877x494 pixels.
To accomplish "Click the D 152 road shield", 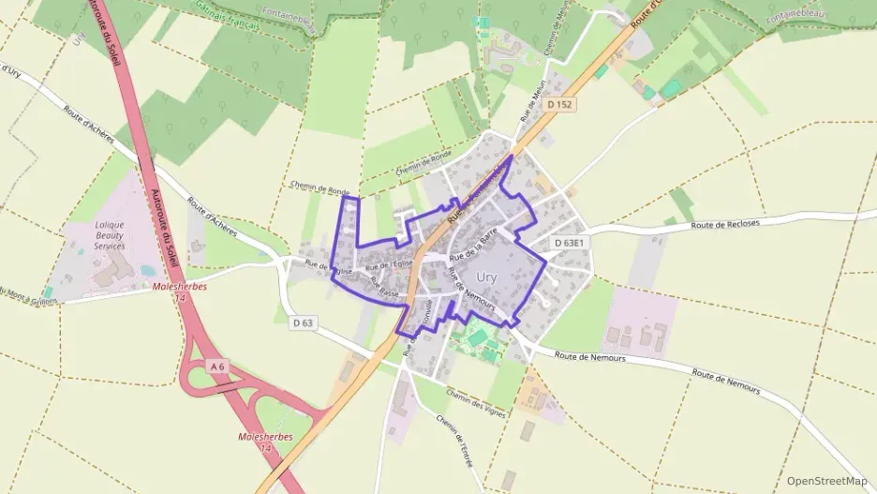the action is [x=560, y=104].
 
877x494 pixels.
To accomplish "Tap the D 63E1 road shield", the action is [x=568, y=243].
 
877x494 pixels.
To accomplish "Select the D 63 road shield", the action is [x=302, y=323].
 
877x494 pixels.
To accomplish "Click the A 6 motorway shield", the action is [x=217, y=367].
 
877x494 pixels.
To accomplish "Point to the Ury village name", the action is [x=487, y=277].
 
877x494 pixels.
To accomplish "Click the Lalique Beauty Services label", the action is [x=110, y=235].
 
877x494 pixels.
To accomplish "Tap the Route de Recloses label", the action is [x=724, y=225].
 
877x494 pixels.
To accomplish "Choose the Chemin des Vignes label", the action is [x=477, y=403].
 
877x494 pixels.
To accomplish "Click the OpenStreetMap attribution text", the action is [x=827, y=481].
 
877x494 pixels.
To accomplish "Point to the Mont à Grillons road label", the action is [x=28, y=296].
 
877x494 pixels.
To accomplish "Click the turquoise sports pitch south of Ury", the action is [x=478, y=337].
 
